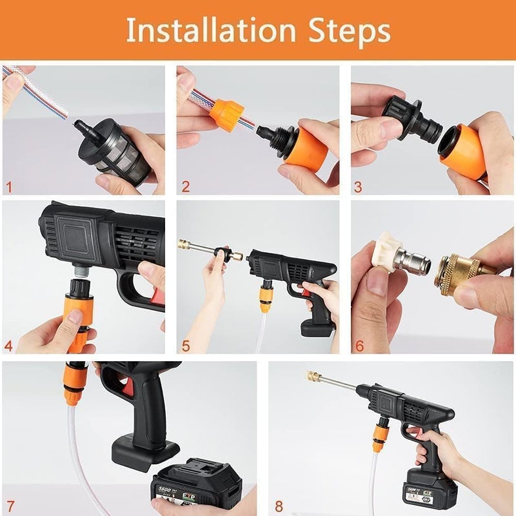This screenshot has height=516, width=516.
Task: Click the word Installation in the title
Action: pos(208,30)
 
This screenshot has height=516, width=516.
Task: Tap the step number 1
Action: pos(8,187)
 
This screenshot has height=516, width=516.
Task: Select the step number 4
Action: pos(8,346)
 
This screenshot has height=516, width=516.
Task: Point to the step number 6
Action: pos(359,346)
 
